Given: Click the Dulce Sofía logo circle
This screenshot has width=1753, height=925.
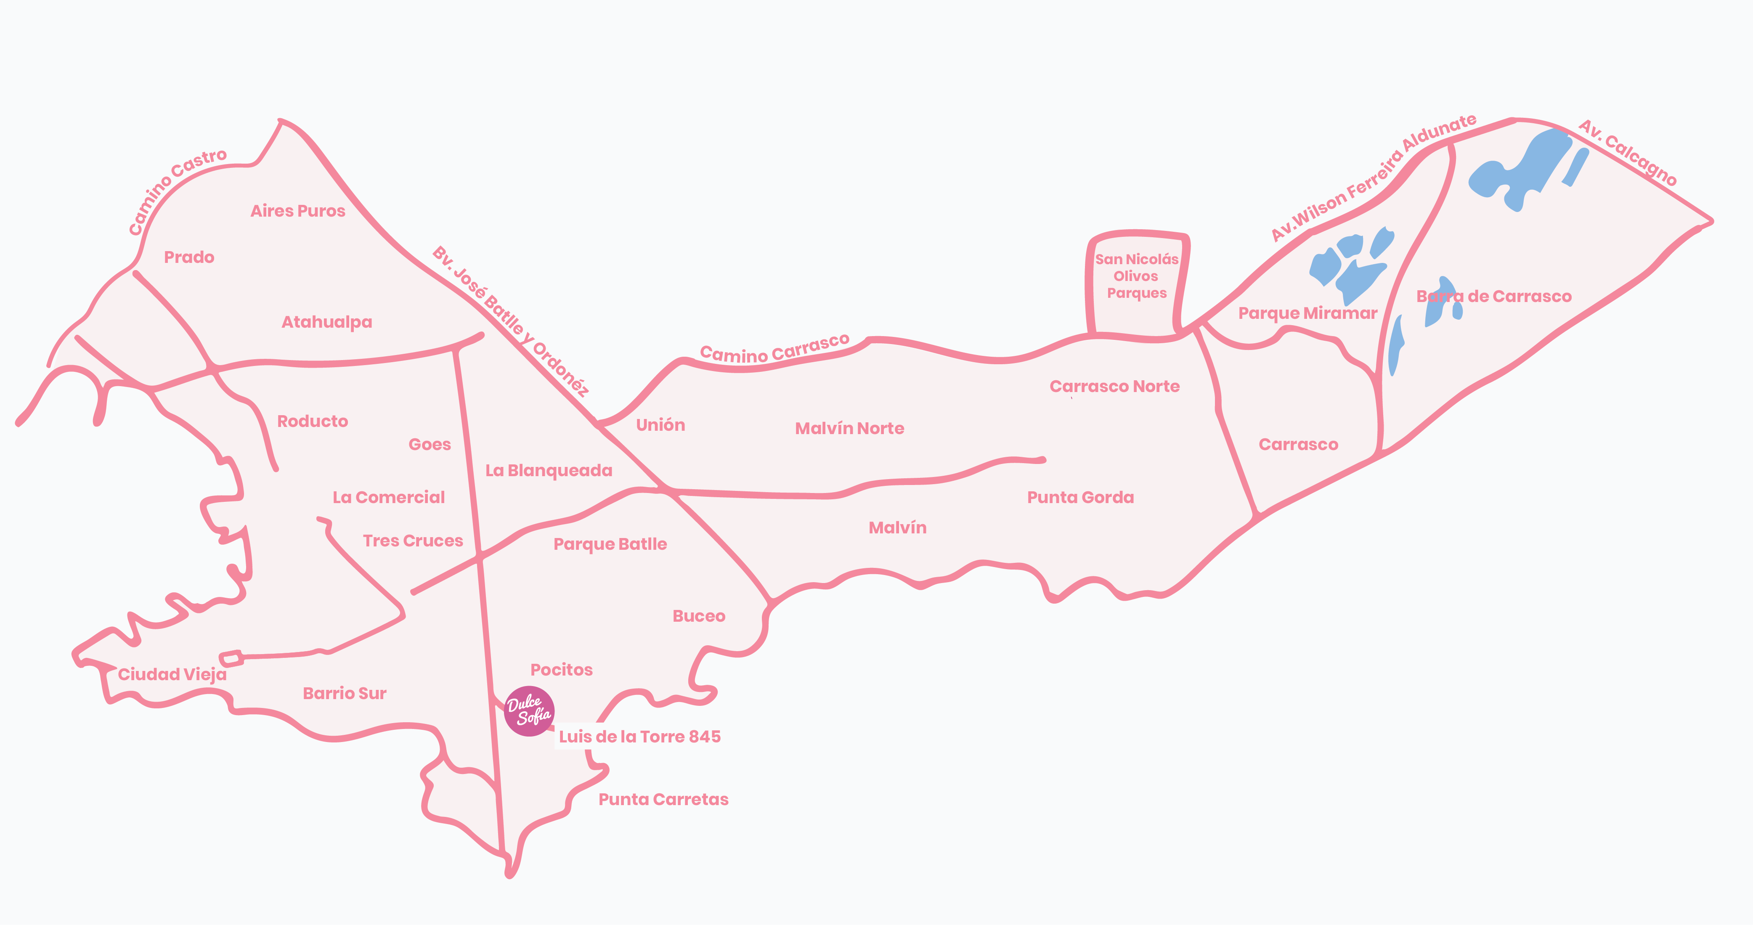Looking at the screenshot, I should pos(529,710).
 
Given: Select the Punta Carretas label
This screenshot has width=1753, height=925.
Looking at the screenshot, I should pos(663,799).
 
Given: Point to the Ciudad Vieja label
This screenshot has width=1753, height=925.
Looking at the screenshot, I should pos(172,675).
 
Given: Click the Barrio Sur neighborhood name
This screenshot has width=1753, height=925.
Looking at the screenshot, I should pos(345,694).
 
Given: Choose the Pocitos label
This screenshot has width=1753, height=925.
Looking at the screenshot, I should pos(562,670).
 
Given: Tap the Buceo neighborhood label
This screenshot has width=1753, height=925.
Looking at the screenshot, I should pos(699,616).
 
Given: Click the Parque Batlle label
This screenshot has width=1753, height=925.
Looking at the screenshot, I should pos(610,544).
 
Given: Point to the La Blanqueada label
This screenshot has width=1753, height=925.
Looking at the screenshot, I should pos(549,470).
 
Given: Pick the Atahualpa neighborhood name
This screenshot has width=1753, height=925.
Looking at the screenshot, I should pos(326,322).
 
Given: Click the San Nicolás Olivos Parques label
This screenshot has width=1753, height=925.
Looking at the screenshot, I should pos(1136,276).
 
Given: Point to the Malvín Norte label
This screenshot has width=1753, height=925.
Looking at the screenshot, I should pos(849,428).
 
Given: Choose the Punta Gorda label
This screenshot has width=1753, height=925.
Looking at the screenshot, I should pos(1080,498).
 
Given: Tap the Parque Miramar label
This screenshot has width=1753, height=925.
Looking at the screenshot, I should pos(1307,313).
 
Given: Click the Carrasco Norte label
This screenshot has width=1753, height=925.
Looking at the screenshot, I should pos(1114,387).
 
